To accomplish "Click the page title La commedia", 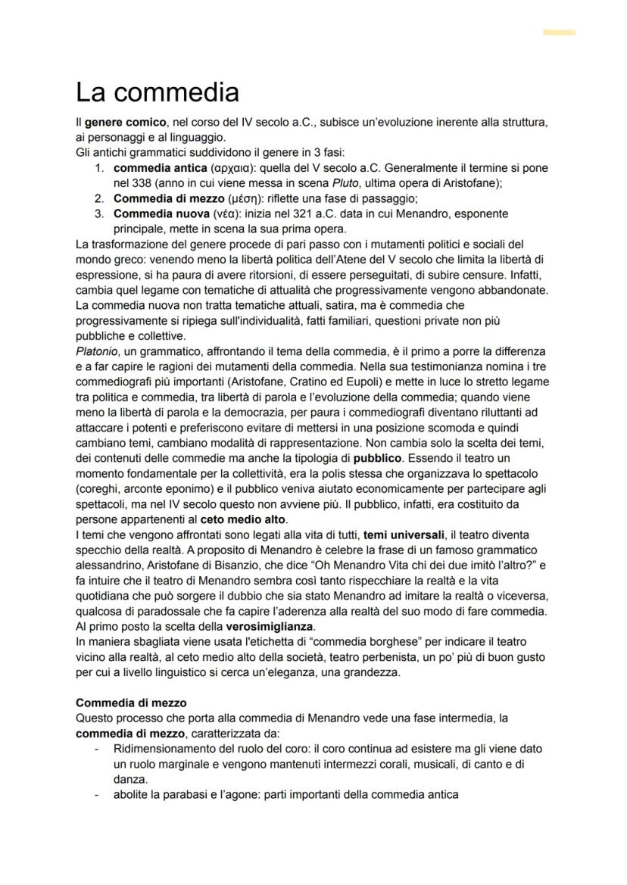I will point(158,92).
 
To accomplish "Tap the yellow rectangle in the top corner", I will point(559,33).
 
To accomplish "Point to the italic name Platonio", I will point(98,351).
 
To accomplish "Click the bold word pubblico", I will point(370,458).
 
